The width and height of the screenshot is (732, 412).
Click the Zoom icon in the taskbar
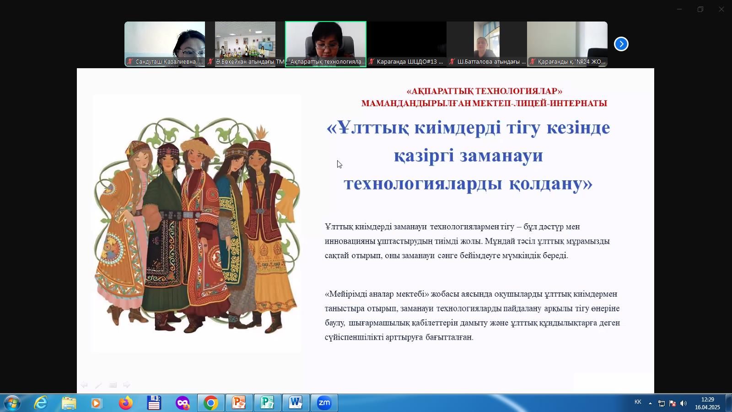pyautogui.click(x=324, y=403)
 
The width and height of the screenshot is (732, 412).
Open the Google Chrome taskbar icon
pyautogui.click(x=211, y=403)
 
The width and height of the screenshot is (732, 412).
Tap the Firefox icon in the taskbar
pyautogui.click(x=126, y=403)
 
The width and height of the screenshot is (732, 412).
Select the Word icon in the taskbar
pyautogui.click(x=296, y=403)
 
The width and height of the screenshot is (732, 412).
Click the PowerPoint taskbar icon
pyautogui.click(x=239, y=403)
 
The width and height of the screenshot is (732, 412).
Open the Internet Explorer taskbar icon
pyautogui.click(x=41, y=403)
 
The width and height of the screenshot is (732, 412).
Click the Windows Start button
pyautogui.click(x=12, y=403)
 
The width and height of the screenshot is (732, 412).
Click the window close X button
pyautogui.click(x=721, y=9)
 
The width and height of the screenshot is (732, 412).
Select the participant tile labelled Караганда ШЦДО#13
pyautogui.click(x=406, y=44)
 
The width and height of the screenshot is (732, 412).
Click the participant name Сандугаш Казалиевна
pyautogui.click(x=166, y=61)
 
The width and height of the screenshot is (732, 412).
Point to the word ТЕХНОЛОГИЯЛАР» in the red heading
pyautogui.click(x=519, y=91)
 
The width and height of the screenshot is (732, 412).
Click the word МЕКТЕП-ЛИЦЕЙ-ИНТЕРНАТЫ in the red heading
pyautogui.click(x=539, y=103)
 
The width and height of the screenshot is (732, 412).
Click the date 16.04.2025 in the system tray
pyautogui.click(x=707, y=407)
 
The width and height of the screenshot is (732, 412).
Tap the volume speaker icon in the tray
pyautogui.click(x=684, y=403)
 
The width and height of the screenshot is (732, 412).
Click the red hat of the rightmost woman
pyautogui.click(x=259, y=146)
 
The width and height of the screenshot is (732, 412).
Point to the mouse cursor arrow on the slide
pyautogui.click(x=339, y=164)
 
